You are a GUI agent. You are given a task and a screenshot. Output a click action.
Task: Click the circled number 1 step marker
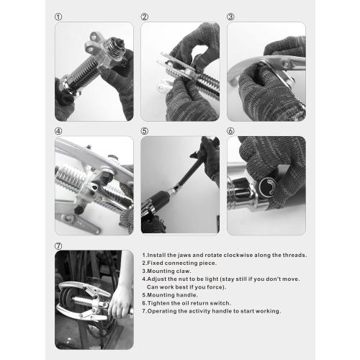point(58,17)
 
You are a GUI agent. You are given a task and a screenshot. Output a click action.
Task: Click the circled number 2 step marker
point(145,17)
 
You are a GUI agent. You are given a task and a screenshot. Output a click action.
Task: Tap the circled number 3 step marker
point(230,17)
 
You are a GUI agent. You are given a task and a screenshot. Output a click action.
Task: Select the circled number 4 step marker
point(58,131)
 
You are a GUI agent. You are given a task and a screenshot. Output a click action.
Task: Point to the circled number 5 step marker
point(145,131)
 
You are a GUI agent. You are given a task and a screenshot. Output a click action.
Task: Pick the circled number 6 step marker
point(230,131)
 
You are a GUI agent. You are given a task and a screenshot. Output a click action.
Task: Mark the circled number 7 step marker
point(58,246)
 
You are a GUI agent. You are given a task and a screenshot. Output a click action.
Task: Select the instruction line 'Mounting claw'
point(166,271)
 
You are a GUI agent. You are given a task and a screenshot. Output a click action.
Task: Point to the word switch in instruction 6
point(223,302)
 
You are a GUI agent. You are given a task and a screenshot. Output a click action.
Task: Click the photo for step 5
point(180,185)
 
